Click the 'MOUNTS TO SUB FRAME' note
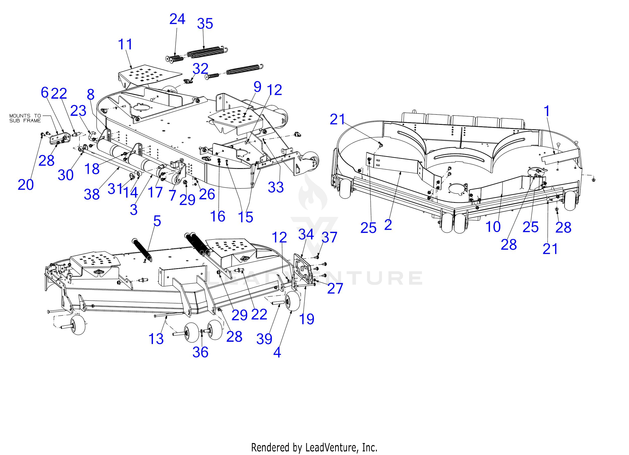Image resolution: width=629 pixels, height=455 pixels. point(25,118)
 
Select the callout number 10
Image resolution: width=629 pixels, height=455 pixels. point(493,226)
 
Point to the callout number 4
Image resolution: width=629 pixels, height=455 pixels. point(277,353)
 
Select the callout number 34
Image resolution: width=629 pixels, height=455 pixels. point(306,235)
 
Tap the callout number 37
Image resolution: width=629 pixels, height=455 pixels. point(329,238)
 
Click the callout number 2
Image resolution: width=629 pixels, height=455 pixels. point(388,225)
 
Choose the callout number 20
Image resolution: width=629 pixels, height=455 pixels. point(25,185)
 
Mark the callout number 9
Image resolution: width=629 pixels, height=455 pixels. point(257,87)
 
